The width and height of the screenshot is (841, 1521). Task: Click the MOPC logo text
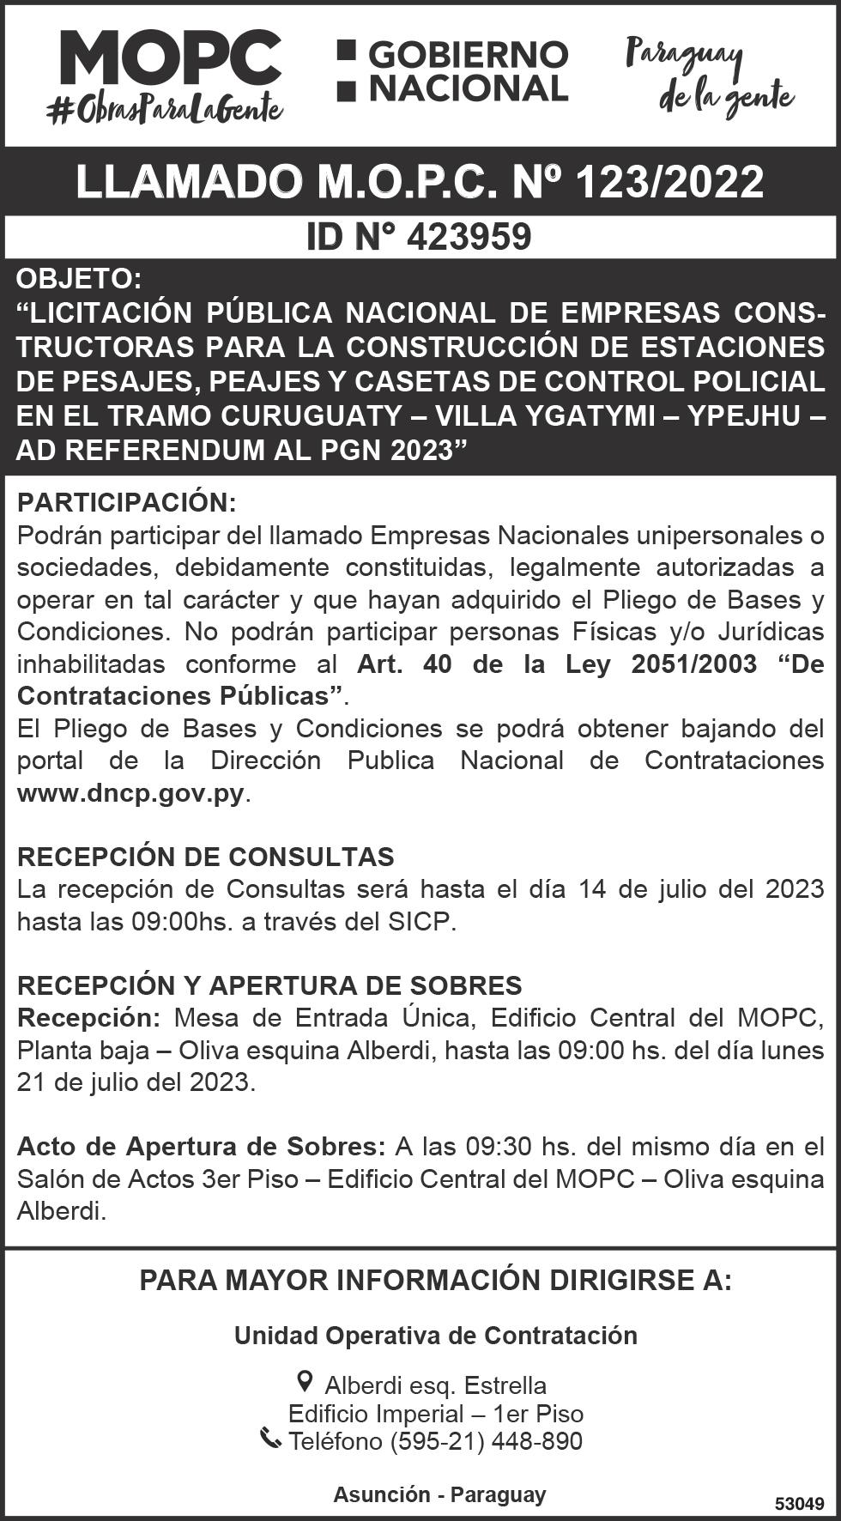(x=170, y=58)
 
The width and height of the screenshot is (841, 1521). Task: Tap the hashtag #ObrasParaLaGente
(x=165, y=109)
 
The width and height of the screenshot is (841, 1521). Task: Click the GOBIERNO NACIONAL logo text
(x=453, y=71)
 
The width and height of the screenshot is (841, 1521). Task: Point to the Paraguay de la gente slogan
(x=709, y=76)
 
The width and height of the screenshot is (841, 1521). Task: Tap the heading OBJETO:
(x=77, y=279)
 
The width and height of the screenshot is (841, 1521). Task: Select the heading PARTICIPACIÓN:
(x=126, y=502)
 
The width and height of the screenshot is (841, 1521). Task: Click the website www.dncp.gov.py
(x=130, y=793)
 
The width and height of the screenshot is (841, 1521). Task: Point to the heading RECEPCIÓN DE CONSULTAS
(x=206, y=857)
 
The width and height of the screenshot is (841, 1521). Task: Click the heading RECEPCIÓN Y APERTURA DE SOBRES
(x=269, y=985)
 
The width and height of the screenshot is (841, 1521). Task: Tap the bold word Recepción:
(x=88, y=1018)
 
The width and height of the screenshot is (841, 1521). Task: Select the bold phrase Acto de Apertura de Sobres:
(x=202, y=1147)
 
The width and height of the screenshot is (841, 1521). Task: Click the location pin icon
(x=304, y=1381)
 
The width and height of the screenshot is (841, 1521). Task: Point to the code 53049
(x=799, y=1504)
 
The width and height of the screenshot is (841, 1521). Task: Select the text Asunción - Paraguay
(x=439, y=1494)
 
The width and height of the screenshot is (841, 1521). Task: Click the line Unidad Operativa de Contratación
(x=436, y=1336)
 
